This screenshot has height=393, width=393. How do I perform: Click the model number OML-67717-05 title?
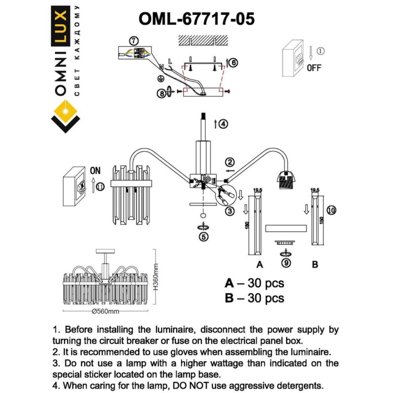pos(196,19)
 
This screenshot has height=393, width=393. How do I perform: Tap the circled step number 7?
pos(134,41)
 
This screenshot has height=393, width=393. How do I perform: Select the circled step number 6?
pos(233,62)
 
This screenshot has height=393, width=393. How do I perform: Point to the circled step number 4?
pos(223,124)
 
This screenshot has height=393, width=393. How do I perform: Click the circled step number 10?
pos(331,210)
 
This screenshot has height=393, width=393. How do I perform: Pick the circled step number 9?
pos(287,263)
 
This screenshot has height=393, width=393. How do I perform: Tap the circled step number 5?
pos(204,237)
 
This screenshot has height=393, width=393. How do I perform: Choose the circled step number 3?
pos(230,211)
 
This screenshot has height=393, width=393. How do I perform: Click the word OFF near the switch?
pos(314,68)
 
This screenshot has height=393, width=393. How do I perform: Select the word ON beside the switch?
pos(95,171)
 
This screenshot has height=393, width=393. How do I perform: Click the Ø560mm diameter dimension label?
pos(105,311)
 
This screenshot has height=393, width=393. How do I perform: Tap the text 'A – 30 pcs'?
pos(254,283)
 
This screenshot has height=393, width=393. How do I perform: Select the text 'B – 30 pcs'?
pos(254,298)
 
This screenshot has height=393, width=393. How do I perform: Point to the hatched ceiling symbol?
pos(203,40)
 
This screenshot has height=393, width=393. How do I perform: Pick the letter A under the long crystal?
pos(259,264)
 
